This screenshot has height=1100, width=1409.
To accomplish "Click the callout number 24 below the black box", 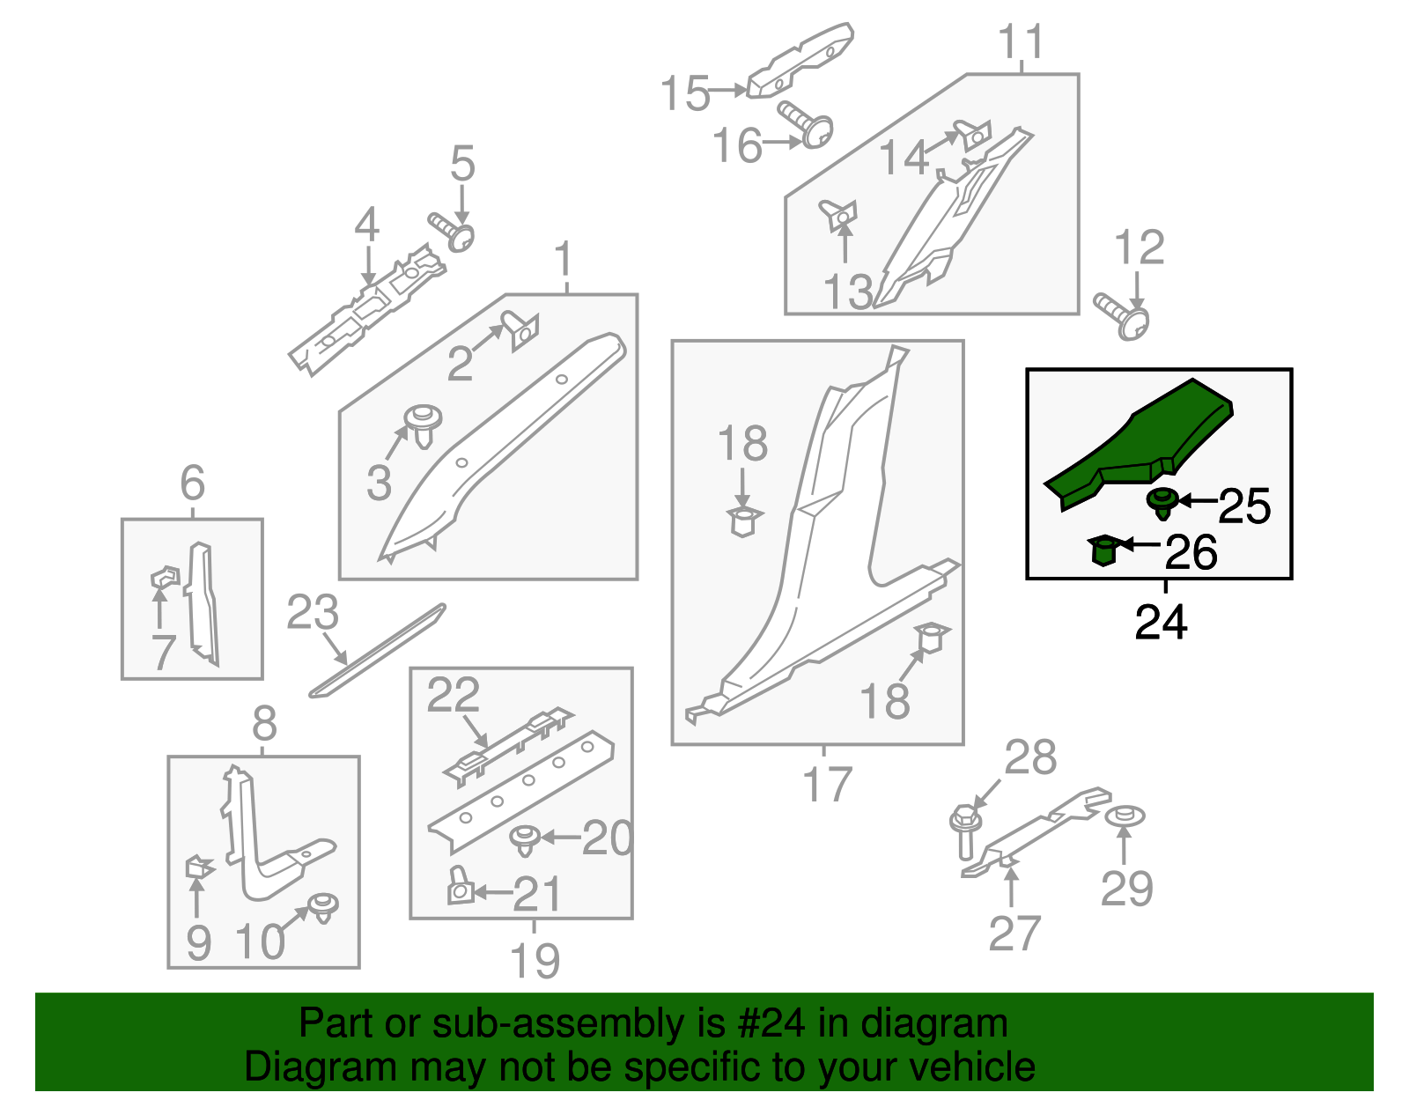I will (x=1161, y=622).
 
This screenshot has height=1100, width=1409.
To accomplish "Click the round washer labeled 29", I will (x=1125, y=816).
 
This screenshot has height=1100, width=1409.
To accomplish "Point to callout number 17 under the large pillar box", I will (x=827, y=784).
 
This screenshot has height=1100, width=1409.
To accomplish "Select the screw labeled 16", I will (x=806, y=125).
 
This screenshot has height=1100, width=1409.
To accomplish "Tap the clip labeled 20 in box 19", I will (x=526, y=839).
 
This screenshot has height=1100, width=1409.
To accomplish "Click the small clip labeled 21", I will (x=460, y=887).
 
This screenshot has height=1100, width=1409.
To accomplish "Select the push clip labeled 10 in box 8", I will (x=324, y=907).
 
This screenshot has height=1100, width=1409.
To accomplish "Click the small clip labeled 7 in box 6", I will (x=165, y=578).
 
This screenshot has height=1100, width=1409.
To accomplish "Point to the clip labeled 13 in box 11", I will (x=838, y=214).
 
